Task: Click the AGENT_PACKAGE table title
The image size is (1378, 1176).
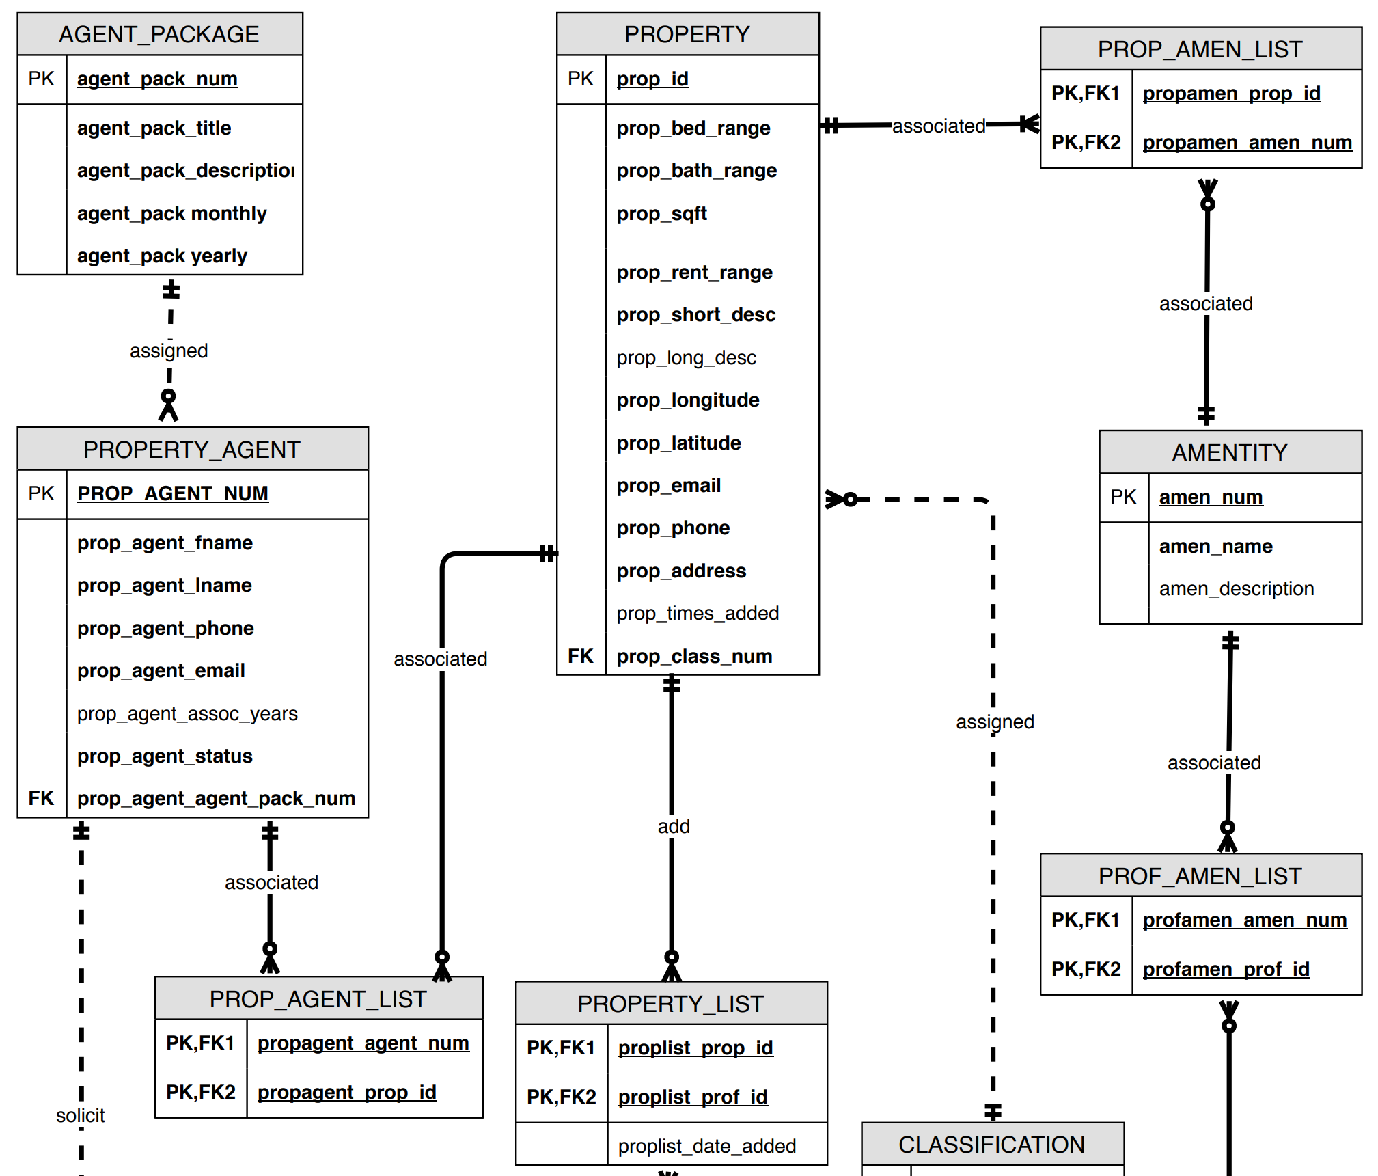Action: point(159,34)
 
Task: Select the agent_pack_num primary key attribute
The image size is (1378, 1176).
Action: point(157,79)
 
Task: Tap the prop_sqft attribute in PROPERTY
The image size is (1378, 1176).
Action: point(661,214)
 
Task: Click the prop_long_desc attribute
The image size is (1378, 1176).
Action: point(686,358)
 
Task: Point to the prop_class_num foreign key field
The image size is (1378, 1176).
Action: point(694,657)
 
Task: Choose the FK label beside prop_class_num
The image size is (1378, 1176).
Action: point(580,657)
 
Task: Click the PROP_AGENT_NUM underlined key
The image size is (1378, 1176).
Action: point(173,493)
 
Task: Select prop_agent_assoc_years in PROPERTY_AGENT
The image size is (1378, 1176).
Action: point(187,714)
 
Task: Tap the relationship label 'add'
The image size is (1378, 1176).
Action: point(674,827)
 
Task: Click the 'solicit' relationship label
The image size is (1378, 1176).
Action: point(81,1116)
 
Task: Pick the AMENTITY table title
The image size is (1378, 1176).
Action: point(1230,452)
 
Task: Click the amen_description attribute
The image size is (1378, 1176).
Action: point(1237,589)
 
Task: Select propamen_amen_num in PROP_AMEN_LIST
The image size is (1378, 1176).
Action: point(1248,143)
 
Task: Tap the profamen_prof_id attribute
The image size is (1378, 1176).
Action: point(1226,970)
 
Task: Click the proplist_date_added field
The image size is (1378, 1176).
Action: point(707,1147)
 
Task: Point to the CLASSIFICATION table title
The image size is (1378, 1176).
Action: point(991,1145)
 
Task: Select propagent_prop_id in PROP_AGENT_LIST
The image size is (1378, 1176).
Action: point(346,1093)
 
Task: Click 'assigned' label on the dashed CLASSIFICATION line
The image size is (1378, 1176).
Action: point(995,722)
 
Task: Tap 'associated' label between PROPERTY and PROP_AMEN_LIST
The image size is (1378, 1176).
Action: point(939,126)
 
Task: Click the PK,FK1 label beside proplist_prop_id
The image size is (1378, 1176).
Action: point(561,1048)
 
